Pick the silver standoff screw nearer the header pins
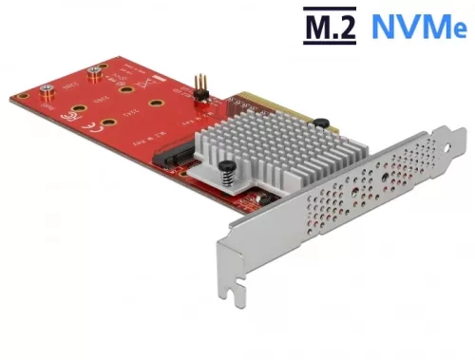[94, 71]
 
